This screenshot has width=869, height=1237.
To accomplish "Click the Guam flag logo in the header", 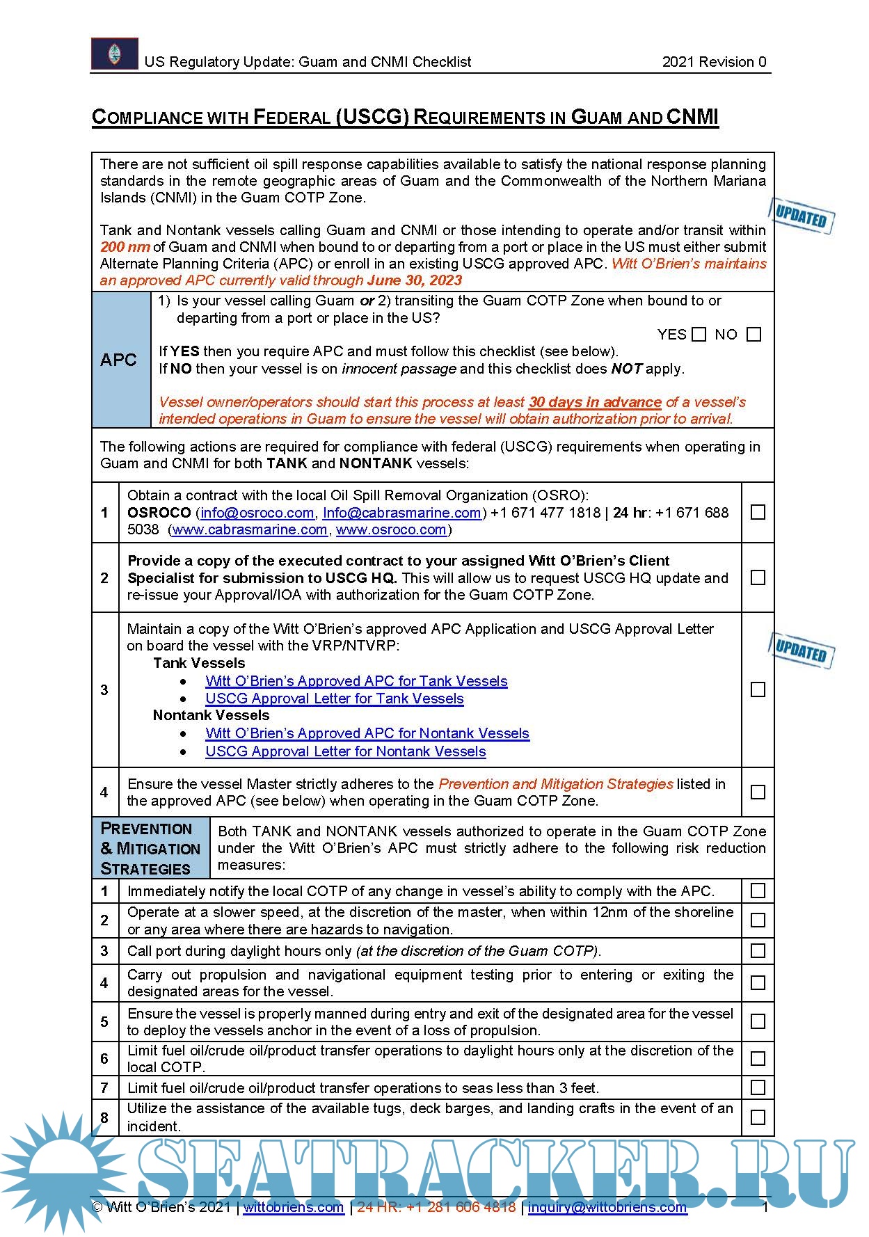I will tap(115, 54).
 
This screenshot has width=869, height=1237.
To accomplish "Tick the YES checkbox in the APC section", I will tap(699, 335).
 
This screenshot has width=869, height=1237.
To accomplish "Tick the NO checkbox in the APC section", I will tap(754, 335).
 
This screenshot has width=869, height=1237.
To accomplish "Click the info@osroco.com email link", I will tap(257, 513).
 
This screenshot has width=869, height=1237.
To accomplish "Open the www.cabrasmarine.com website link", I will tap(249, 529).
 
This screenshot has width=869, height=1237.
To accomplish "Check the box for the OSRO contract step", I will tap(758, 512).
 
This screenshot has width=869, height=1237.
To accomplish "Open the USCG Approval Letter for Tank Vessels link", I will tap(334, 699).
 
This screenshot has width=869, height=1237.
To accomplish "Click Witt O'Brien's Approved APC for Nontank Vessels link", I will tap(367, 733).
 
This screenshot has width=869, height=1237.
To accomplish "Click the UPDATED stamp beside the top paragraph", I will tap(801, 216).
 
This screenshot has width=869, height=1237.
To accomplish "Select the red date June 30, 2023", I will tap(415, 280).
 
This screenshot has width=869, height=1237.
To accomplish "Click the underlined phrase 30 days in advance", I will tap(594, 402).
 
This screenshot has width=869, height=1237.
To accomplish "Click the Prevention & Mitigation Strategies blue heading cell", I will tap(150, 848).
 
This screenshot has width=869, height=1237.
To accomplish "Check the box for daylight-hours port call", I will tap(758, 950).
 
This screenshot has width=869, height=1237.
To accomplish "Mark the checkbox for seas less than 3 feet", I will tap(758, 1087).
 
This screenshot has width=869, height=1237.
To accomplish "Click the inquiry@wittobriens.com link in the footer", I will tap(607, 1207).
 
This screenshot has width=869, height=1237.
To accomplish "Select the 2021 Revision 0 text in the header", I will tap(714, 62).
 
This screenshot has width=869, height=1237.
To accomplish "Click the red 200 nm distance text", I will tap(125, 247).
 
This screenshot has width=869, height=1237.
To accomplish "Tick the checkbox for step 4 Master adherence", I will tap(758, 792).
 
